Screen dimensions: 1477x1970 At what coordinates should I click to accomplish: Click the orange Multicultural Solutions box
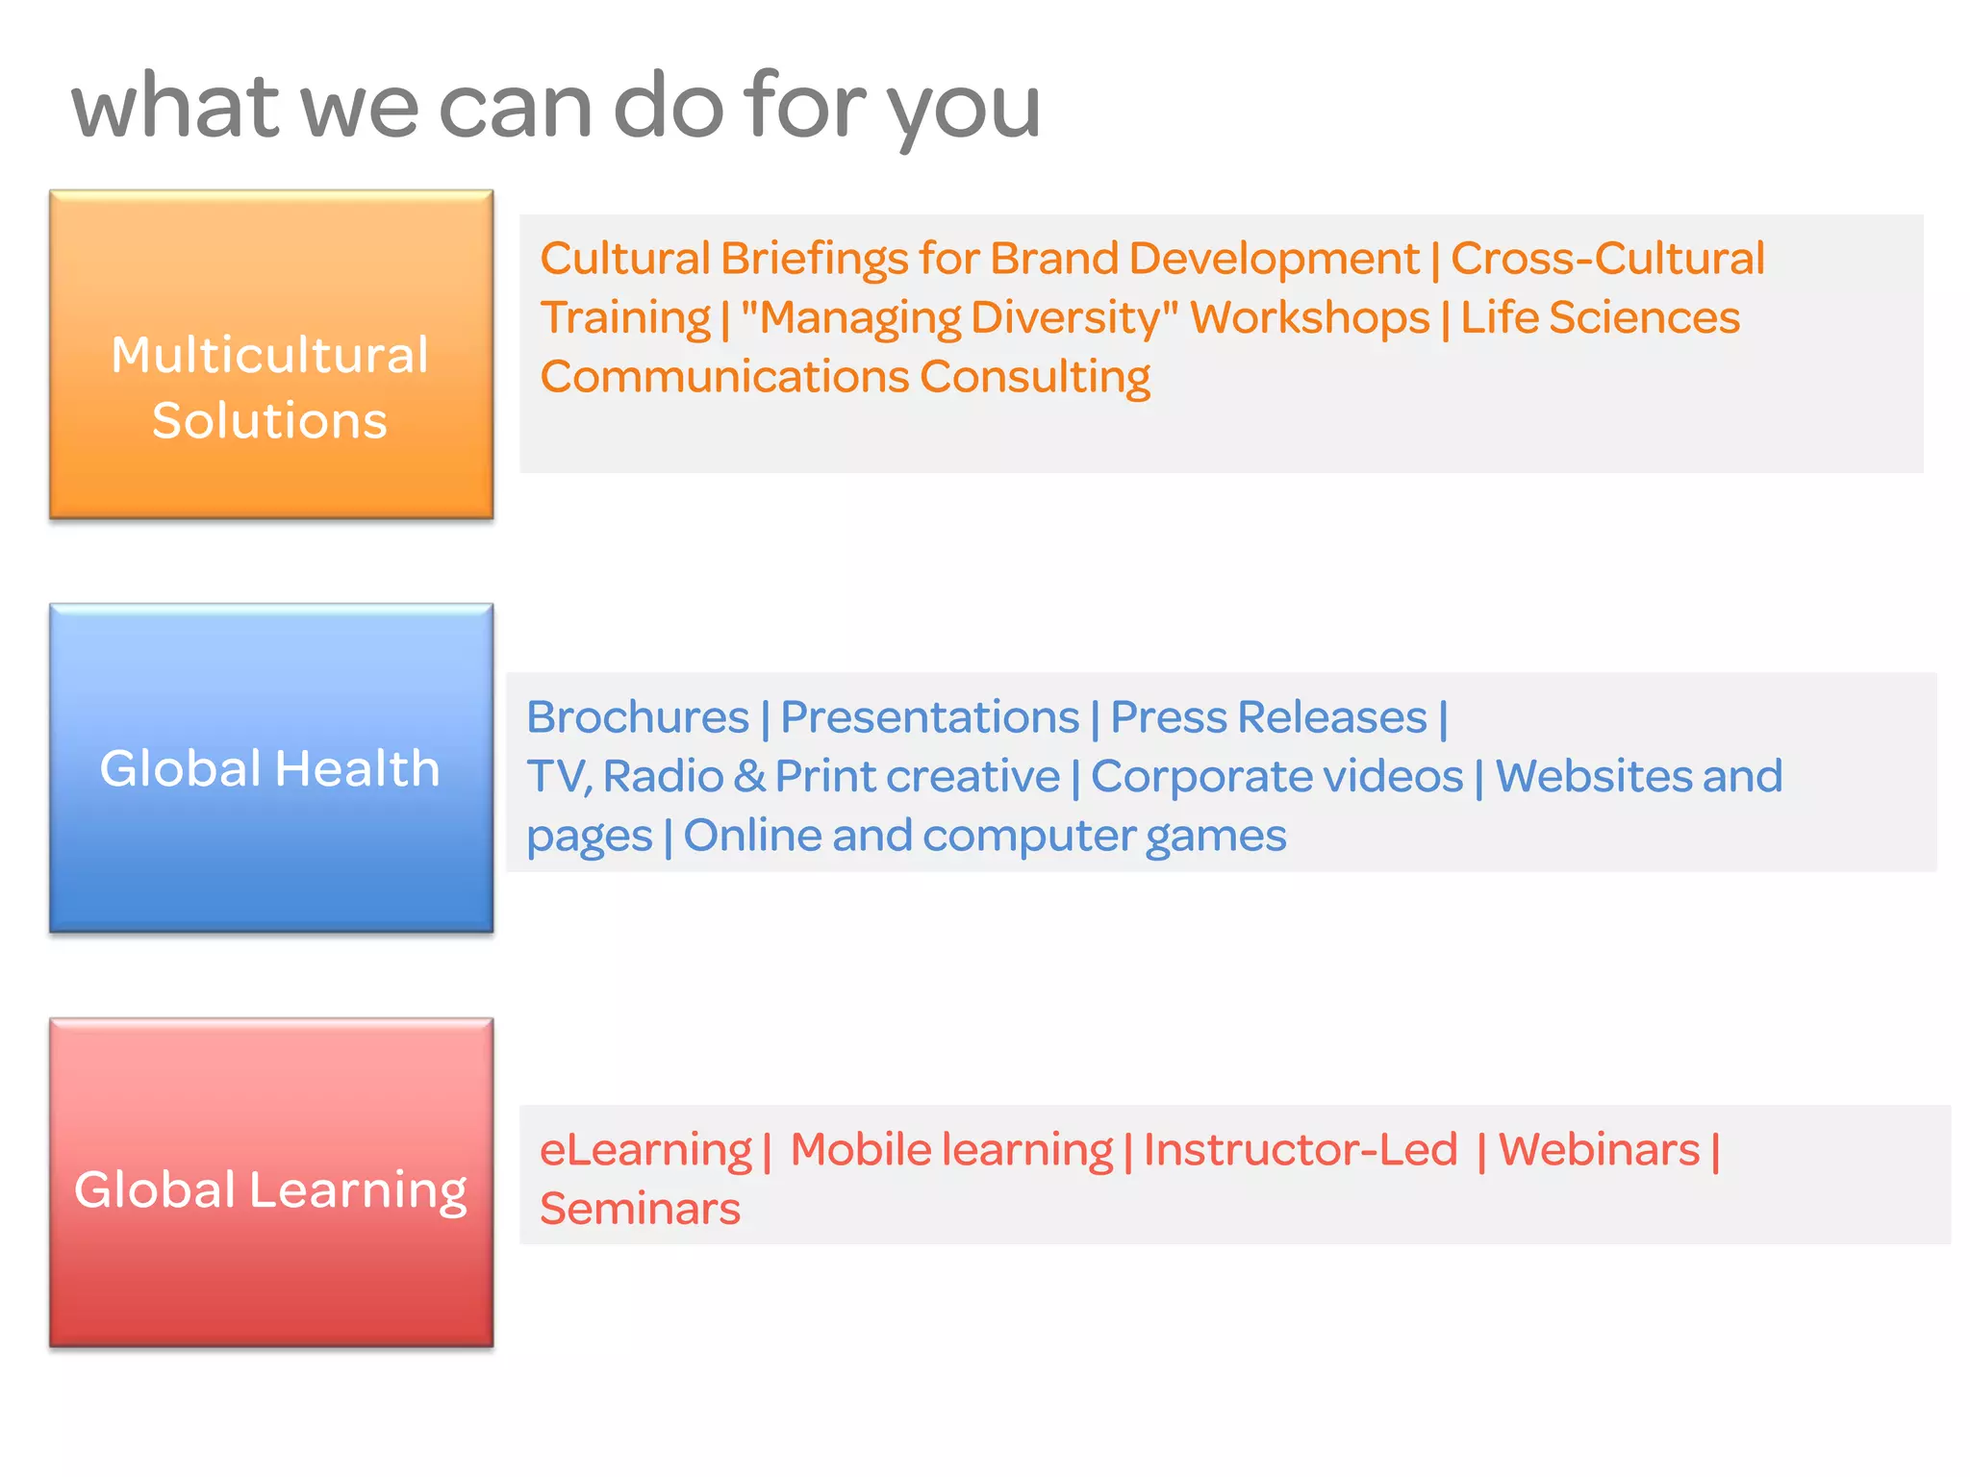[271, 355]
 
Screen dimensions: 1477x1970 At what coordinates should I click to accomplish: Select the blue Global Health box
[271, 768]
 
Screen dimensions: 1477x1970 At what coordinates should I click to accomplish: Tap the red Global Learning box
[271, 1183]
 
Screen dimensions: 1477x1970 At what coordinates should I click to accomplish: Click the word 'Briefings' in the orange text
[814, 259]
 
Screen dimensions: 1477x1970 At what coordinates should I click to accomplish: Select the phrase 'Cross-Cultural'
[1607, 259]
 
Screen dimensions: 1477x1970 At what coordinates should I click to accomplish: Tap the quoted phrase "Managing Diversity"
[959, 318]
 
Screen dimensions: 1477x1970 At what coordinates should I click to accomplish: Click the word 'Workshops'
[1310, 318]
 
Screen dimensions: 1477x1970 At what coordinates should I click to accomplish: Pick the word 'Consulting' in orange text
[1035, 377]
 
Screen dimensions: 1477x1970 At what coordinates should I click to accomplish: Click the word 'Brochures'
[638, 717]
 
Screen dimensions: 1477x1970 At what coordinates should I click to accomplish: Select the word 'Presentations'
[929, 717]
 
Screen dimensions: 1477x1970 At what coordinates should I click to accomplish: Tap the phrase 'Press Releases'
[1269, 717]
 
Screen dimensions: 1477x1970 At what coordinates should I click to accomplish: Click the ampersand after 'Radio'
[749, 776]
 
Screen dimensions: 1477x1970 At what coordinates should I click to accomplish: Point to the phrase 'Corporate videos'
[1276, 776]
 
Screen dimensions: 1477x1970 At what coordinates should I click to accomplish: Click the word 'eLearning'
[645, 1150]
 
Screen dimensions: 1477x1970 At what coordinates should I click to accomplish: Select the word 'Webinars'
[1599, 1150]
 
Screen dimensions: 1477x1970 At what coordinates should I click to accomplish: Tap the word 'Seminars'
[640, 1209]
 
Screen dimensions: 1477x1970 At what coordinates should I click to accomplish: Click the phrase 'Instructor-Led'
[1301, 1150]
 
